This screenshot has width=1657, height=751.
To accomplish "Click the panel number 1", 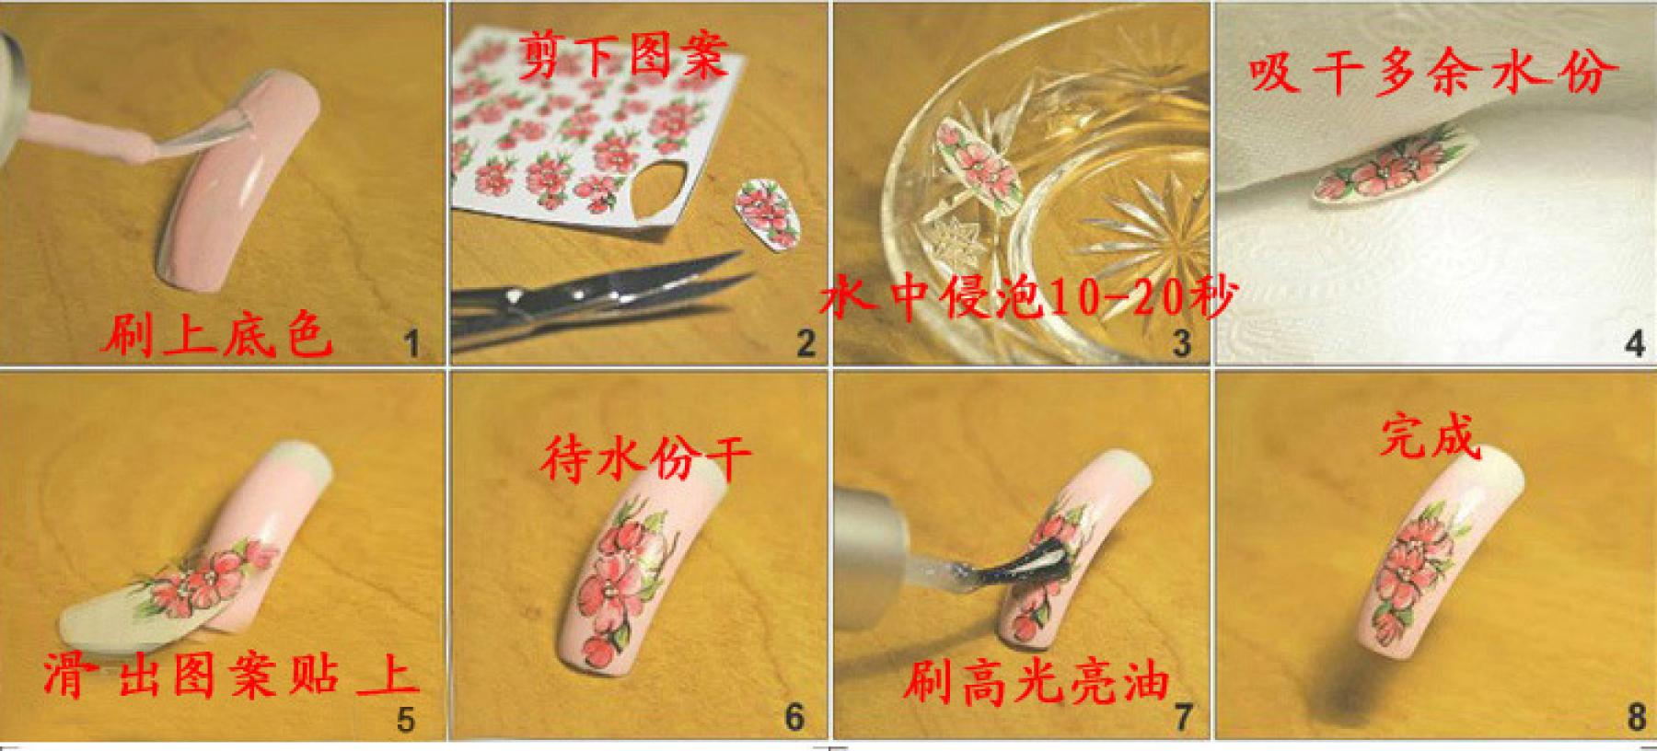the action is pyautogui.click(x=411, y=344).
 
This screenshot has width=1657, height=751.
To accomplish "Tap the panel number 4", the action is pyautogui.click(x=1634, y=344).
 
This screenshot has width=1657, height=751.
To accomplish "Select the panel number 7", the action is pyautogui.click(x=1182, y=715).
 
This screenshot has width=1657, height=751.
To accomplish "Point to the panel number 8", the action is pyautogui.click(x=1635, y=715).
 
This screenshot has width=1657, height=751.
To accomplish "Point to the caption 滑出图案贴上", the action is pyautogui.click(x=230, y=676).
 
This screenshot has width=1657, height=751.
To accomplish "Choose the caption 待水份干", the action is pyautogui.click(x=645, y=457).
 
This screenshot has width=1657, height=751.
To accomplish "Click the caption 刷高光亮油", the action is pyautogui.click(x=1036, y=683).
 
